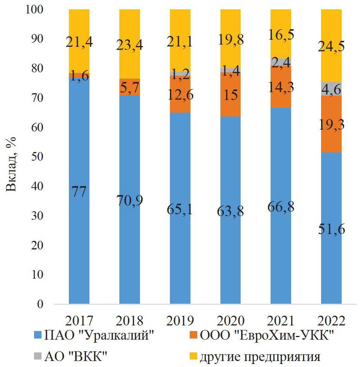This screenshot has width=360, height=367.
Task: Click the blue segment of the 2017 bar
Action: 79,243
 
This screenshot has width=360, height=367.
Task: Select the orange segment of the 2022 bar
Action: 331,124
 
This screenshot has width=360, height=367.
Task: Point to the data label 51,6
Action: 331,228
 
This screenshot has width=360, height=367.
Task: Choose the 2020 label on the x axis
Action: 230,321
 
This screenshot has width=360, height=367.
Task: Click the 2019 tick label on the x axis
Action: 180,321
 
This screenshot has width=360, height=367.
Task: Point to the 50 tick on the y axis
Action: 38,157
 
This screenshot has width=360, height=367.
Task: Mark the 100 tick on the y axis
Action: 35,10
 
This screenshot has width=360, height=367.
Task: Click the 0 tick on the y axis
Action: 41,304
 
